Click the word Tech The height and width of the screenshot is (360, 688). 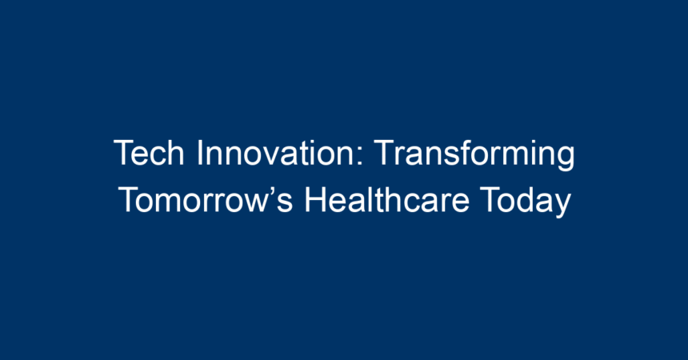coord(149,153)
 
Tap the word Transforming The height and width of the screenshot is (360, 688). coord(474,155)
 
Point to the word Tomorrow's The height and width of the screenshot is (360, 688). coord(206,200)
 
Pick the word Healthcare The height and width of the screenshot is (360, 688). coord(387,200)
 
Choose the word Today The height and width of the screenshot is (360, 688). coord(526,202)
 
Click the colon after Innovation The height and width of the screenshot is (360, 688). coord(360,156)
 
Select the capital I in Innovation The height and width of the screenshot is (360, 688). coord(200,153)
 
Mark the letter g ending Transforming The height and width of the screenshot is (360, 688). coord(565,159)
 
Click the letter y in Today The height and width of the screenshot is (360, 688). coord(562,206)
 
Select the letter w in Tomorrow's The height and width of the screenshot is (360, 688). coord(254,204)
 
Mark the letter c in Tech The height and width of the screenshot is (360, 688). coord(158,157)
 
